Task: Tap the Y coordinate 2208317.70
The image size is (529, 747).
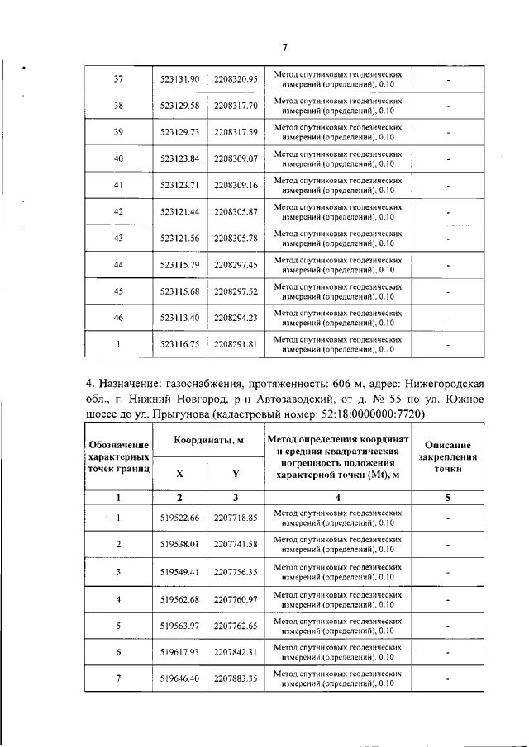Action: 236,106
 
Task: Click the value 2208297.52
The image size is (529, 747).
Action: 236,291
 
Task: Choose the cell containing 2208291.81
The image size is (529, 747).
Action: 236,343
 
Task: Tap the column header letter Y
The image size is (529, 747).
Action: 236,474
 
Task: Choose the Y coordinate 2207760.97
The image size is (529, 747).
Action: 236,598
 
